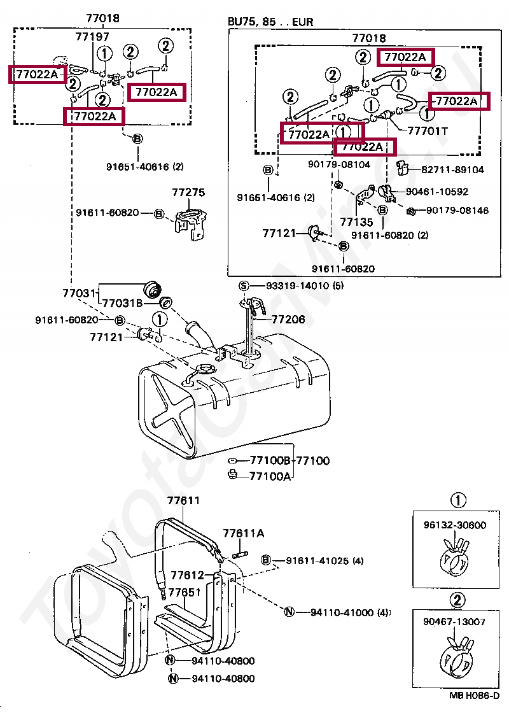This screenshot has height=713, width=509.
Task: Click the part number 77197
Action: click(92, 36)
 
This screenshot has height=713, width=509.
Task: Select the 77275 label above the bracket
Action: click(188, 192)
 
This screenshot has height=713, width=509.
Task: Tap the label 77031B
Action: click(122, 303)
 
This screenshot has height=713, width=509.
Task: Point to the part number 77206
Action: click(288, 320)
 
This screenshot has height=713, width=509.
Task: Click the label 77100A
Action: click(270, 476)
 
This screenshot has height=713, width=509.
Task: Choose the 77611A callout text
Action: click(243, 533)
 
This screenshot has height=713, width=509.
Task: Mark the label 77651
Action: click(184, 592)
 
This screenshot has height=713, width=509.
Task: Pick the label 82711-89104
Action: click(452, 169)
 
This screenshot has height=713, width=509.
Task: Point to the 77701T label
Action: click(428, 131)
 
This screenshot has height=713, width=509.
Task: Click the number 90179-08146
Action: click(457, 210)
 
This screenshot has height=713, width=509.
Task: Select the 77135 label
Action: click(356, 222)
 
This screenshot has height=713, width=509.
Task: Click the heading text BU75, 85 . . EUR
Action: click(270, 22)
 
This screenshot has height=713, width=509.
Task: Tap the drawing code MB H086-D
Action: click(475, 695)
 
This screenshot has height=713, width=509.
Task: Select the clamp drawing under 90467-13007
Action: click(456, 655)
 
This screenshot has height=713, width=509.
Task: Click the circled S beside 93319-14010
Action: click(244, 286)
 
